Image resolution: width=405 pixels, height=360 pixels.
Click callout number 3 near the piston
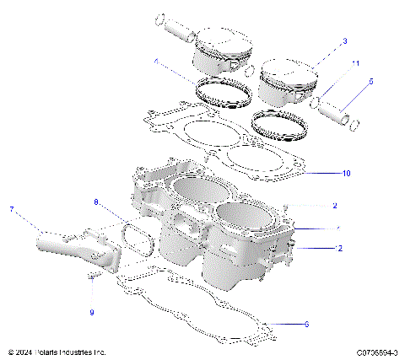[x=344, y=41]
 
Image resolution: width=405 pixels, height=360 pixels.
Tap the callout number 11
[x=356, y=64]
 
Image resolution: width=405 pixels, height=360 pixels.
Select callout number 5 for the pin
[x=369, y=82]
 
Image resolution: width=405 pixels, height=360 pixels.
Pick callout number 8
[x=96, y=202]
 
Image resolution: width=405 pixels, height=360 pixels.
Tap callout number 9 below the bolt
[x=92, y=313]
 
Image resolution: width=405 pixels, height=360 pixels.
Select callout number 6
[x=306, y=324]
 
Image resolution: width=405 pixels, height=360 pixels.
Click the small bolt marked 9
[x=92, y=278]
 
